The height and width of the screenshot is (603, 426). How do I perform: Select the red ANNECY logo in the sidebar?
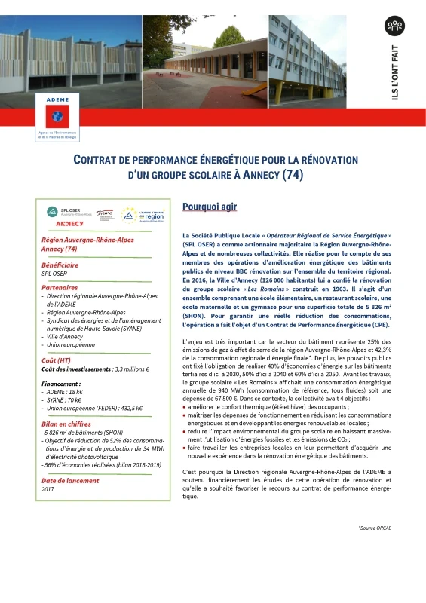70,224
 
